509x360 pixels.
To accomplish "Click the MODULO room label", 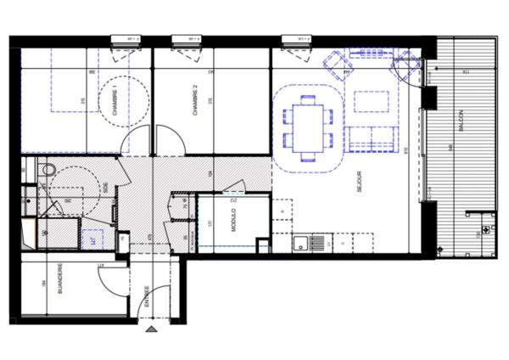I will coord(235,220).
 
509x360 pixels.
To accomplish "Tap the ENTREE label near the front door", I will coord(147,298).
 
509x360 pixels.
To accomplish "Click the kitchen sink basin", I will coord(300,244).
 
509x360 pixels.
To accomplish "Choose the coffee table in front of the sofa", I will coord(370,101).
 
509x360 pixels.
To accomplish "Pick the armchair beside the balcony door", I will coord(404,66).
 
